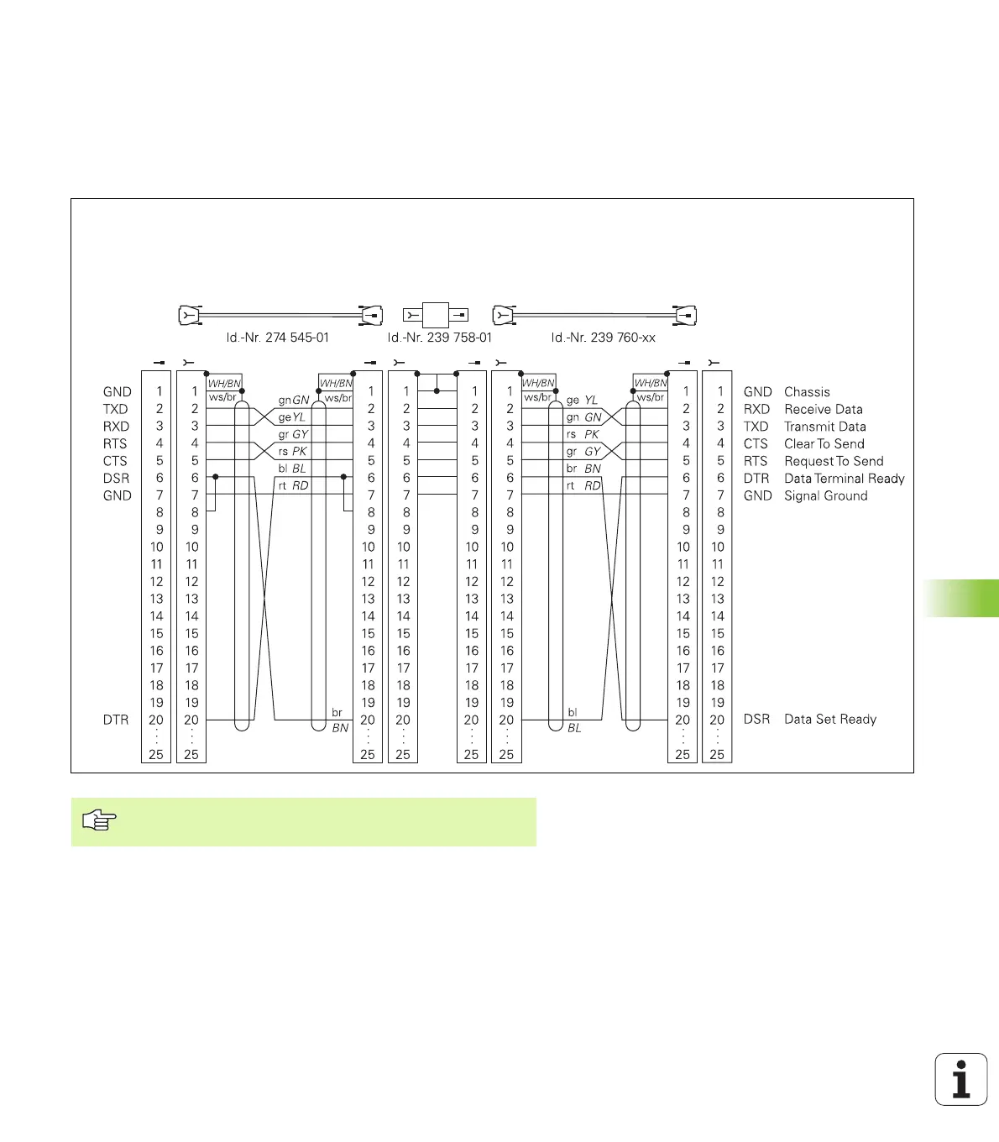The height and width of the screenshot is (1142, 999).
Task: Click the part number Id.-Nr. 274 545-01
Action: pos(277,338)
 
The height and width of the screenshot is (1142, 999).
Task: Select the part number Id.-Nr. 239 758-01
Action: pos(439,338)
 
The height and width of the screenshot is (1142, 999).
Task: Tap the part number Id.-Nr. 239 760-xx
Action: pos(603,338)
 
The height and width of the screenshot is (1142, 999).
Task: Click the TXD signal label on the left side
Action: pos(116,409)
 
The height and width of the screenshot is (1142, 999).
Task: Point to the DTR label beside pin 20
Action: pos(116,720)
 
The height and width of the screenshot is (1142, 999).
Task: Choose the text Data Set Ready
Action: pos(829,720)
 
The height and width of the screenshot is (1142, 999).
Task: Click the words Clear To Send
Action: pos(824,444)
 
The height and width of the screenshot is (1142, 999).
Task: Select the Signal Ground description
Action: pos(825,496)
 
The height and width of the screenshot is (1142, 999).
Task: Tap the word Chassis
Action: pos(807,392)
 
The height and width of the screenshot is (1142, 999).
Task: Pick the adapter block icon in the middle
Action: pos(436,316)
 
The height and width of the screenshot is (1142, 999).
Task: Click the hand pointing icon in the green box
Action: pos(99,820)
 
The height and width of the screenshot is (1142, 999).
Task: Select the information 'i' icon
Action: pos(961,1079)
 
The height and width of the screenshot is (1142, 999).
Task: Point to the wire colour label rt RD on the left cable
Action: pos(293,486)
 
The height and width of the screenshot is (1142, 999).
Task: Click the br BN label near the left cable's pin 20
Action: pos(339,720)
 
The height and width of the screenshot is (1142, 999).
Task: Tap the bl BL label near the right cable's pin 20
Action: pos(573,720)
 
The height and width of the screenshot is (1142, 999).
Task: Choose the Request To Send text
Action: pos(834,462)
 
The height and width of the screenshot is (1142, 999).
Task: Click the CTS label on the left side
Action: pos(115,461)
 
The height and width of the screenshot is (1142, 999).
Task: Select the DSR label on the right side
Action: pos(756,720)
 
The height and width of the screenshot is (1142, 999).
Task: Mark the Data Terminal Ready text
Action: pos(844,479)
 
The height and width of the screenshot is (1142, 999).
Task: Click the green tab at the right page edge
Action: pos(962,598)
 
